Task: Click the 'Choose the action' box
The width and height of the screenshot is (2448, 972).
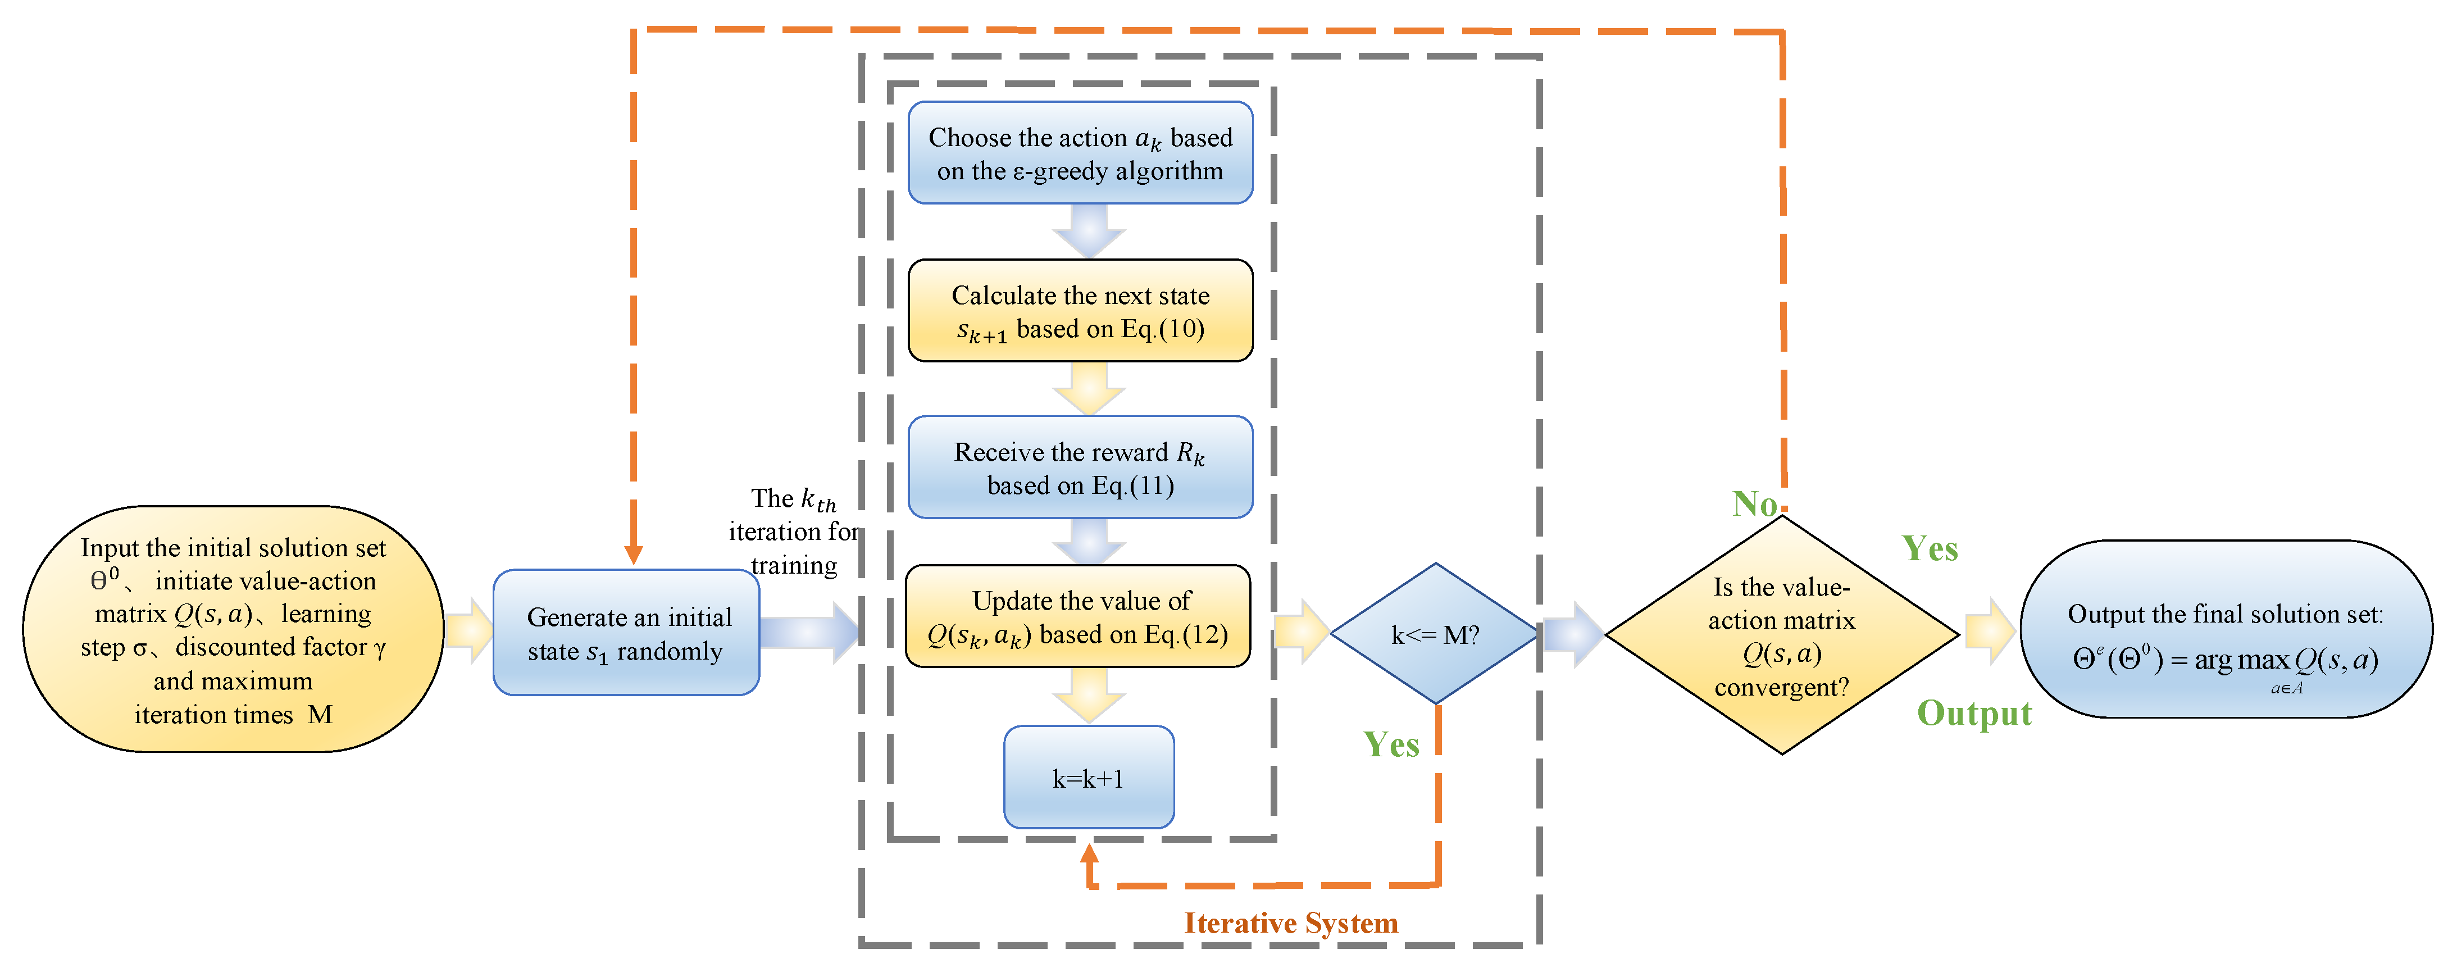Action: (x=1081, y=153)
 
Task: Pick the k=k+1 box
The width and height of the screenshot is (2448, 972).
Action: (x=1089, y=777)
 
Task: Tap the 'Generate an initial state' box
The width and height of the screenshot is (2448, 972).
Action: (x=626, y=633)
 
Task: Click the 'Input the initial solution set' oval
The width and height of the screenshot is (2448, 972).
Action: (x=233, y=629)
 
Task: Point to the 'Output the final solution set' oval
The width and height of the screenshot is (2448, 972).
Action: (x=2226, y=629)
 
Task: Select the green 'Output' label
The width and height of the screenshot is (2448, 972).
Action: (x=1974, y=714)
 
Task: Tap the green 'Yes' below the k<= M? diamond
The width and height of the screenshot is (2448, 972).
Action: (x=1391, y=745)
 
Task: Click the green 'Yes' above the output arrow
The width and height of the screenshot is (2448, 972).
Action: (x=1930, y=549)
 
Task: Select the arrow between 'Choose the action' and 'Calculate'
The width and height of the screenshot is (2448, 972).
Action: (x=1089, y=231)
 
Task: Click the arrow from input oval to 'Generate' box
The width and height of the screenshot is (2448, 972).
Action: (x=470, y=630)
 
